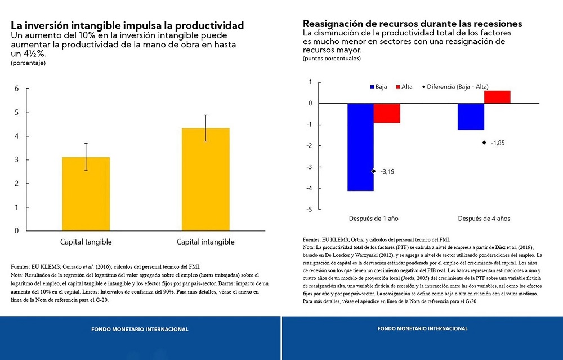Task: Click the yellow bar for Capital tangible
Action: [86, 194]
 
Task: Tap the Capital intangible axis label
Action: [205, 242]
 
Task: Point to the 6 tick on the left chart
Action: [17, 88]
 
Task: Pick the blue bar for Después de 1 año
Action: [360, 147]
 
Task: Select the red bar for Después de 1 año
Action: [387, 113]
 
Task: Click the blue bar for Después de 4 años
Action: [471, 117]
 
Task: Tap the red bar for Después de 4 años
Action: [497, 97]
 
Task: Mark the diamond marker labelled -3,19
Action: [373, 171]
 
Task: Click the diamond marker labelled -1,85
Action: [484, 143]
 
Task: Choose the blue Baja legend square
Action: [372, 87]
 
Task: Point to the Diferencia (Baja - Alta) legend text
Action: [458, 87]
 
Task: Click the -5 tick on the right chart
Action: [309, 210]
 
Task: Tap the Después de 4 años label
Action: [484, 219]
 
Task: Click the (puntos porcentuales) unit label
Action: [332, 59]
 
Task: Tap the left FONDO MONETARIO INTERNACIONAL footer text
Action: [140, 329]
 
